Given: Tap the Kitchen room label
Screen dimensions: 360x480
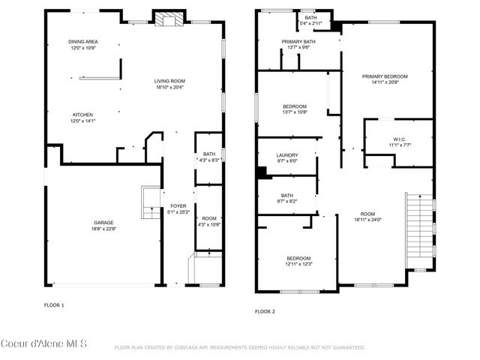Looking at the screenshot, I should pos(82,115).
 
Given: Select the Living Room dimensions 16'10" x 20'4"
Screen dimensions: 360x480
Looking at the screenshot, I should pos(169,87).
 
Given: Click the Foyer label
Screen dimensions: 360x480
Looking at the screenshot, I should pos(178,205).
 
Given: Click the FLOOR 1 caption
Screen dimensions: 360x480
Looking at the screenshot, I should pos(54,305).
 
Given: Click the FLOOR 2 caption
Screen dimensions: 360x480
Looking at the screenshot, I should pos(265,310).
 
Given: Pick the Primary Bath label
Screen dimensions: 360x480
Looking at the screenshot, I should pos(298,42).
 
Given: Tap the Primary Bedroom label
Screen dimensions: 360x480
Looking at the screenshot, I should pos(385,76).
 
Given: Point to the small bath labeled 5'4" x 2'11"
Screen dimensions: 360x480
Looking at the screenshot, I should pos(309,19).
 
